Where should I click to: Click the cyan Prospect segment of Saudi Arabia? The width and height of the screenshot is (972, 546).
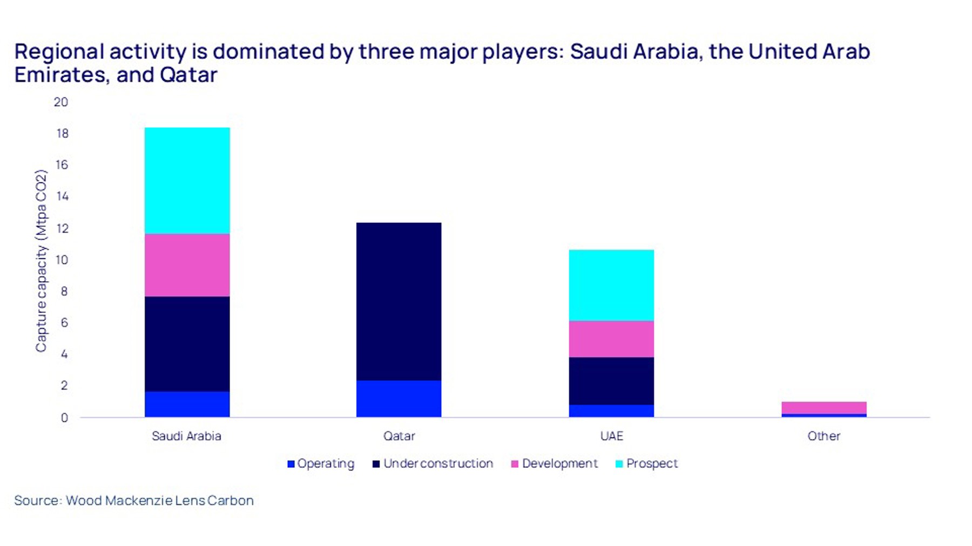pos(187,181)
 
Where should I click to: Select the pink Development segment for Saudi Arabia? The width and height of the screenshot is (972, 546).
pos(187,265)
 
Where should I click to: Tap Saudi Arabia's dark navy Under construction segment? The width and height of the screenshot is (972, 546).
pos(187,344)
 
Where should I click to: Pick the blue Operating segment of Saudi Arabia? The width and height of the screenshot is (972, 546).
pos(187,404)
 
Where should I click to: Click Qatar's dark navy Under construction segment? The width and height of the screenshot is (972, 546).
pos(399,301)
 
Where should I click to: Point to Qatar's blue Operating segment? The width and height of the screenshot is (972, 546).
pos(399,399)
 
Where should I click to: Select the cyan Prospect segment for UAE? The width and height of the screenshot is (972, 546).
pos(611,285)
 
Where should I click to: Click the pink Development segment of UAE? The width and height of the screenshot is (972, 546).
pos(611,339)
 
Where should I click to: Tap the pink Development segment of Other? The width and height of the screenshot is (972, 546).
pos(823,407)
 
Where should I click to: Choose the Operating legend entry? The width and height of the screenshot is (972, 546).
pos(321,463)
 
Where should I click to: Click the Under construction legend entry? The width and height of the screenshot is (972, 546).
pos(433,463)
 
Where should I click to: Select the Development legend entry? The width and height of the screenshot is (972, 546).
pos(555,463)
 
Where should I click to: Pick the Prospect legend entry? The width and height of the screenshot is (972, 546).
pos(646,463)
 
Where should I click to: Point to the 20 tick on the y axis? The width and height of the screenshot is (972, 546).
pos(61,102)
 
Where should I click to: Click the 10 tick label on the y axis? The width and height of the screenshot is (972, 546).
pos(62,260)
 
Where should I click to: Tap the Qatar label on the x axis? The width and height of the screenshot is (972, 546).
pos(399,436)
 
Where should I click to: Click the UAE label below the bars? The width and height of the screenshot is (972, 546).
pos(611,436)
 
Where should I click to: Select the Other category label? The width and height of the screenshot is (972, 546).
pos(823,436)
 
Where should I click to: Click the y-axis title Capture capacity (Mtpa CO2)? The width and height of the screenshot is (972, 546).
pos(41,261)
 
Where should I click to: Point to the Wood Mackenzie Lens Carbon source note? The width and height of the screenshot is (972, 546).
pos(134,500)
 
